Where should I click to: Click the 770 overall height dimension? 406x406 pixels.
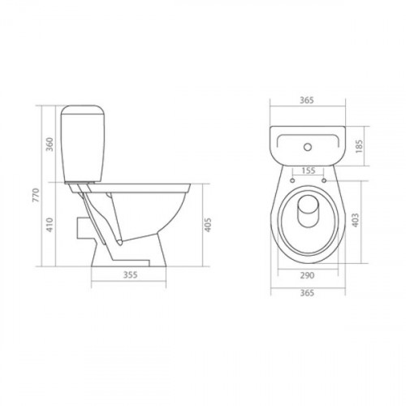pos(36,195)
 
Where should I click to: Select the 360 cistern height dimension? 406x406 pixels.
pos(50,145)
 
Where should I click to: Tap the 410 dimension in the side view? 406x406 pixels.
pos(50,225)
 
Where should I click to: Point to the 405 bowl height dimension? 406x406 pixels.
pos(207,225)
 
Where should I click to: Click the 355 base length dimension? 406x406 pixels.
pos(131,274)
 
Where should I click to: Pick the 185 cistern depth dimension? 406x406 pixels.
pos(359,146)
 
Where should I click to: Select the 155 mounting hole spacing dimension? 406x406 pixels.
pos(309,171)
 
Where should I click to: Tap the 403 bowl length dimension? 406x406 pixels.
pos(356,220)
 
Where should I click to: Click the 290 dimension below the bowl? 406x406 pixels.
pos(308,275)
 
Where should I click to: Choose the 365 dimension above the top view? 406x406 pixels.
pos(307,100)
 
